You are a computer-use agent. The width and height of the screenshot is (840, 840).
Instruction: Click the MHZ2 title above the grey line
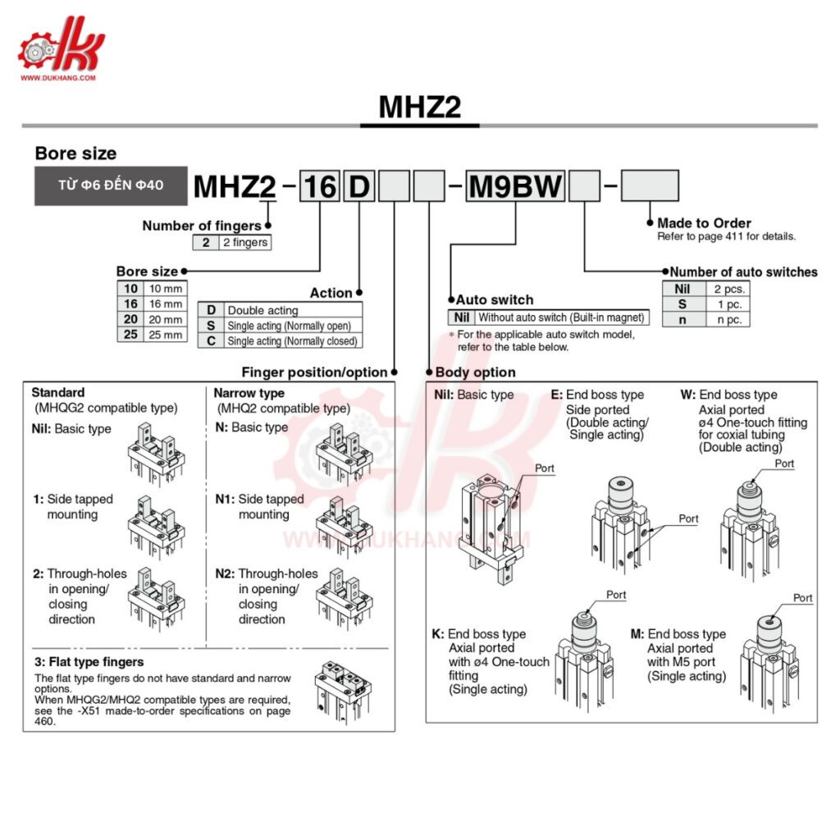pyautogui.click(x=420, y=107)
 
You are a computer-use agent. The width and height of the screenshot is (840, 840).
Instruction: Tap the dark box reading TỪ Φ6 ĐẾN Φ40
pyautogui.click(x=111, y=185)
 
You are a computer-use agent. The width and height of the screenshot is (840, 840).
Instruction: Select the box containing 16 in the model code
pyautogui.click(x=319, y=186)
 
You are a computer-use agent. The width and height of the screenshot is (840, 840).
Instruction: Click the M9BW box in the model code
pyautogui.click(x=515, y=186)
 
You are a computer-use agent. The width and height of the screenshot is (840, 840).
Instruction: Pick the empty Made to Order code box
pyautogui.click(x=650, y=185)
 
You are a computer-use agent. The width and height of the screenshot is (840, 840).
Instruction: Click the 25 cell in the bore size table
pyautogui.click(x=130, y=335)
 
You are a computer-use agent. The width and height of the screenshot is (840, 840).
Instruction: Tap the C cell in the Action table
pyautogui.click(x=211, y=340)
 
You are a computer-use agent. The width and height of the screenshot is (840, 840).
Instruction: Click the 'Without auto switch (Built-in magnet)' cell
pyautogui.click(x=562, y=317)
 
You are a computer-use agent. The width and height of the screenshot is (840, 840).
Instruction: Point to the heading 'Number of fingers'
pyautogui.click(x=201, y=226)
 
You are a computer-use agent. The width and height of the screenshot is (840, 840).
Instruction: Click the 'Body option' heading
pyautogui.click(x=476, y=372)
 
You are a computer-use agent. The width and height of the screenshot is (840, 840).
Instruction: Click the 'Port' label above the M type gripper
pyautogui.click(x=802, y=598)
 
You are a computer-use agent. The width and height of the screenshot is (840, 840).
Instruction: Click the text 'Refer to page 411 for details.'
pyautogui.click(x=726, y=236)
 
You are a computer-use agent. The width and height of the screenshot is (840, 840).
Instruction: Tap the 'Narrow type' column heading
pyautogui.click(x=249, y=393)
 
